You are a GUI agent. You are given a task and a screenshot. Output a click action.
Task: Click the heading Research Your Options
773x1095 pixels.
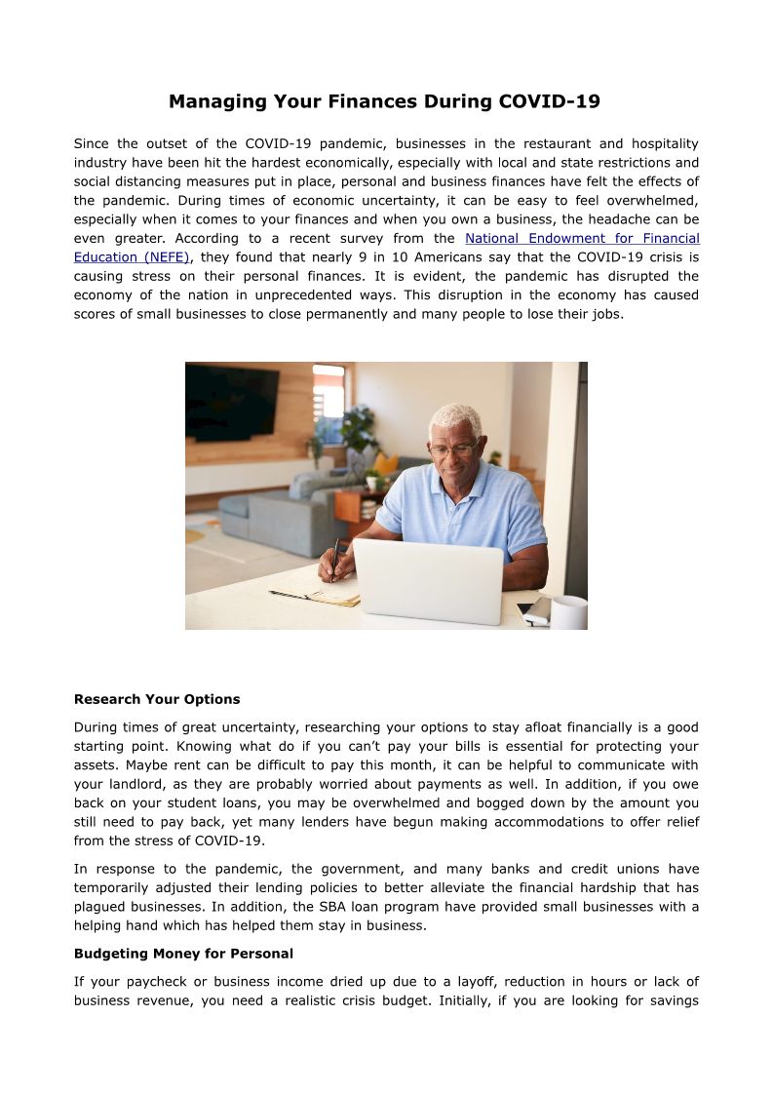[157, 699]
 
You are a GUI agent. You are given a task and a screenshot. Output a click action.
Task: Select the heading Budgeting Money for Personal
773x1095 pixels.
[183, 953]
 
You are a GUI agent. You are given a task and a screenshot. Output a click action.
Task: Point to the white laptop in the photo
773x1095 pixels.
[428, 581]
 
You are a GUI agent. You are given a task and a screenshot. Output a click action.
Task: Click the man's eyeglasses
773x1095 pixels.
[454, 450]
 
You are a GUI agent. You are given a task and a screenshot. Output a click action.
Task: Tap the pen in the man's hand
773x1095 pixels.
[333, 560]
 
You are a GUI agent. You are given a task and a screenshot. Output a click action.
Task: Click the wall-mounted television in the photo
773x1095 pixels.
[231, 401]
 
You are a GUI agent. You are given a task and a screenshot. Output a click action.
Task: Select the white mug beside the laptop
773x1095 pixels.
[568, 612]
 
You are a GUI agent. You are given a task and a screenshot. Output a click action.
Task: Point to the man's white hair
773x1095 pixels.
[455, 420]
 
